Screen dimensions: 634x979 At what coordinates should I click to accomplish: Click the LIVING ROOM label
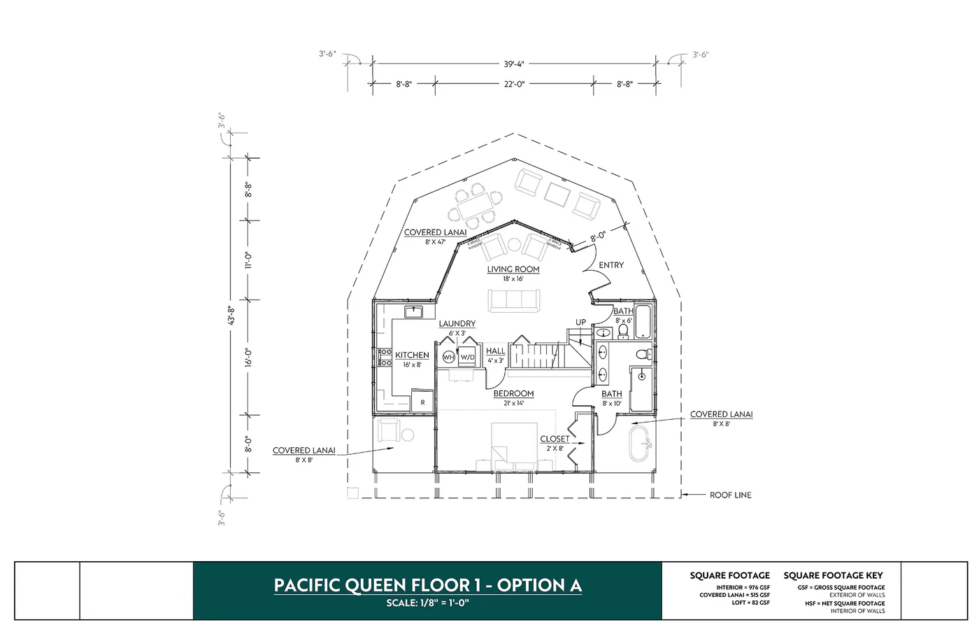point(513,269)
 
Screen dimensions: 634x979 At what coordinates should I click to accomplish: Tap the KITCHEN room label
point(412,355)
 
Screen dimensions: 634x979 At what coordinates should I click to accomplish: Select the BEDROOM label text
point(513,394)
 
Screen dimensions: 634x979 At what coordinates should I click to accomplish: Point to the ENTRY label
point(610,265)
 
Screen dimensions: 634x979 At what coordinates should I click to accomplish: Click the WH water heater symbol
point(448,357)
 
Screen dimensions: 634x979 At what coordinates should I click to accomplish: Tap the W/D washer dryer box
point(467,357)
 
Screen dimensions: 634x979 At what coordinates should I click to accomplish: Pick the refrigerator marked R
point(422,402)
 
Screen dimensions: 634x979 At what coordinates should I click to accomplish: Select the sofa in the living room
point(513,300)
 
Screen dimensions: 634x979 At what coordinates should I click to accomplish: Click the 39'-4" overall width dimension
point(513,64)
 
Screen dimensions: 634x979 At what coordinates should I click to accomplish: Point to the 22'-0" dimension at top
point(513,84)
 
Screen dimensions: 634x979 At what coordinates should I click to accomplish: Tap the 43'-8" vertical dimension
point(231,315)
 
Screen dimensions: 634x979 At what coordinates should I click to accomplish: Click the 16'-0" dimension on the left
point(248,357)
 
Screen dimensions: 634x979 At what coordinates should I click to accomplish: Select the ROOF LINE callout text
point(730,495)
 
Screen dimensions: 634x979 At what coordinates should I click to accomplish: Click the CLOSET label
point(554,439)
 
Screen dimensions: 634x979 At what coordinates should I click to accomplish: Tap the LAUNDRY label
point(457,324)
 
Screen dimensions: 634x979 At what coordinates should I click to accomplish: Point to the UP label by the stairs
point(580,323)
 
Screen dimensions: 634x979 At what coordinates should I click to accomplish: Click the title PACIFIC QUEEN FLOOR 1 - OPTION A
point(427,585)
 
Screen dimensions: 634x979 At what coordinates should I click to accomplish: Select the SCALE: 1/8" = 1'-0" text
point(427,603)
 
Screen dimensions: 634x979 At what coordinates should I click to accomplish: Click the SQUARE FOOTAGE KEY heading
point(833,575)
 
